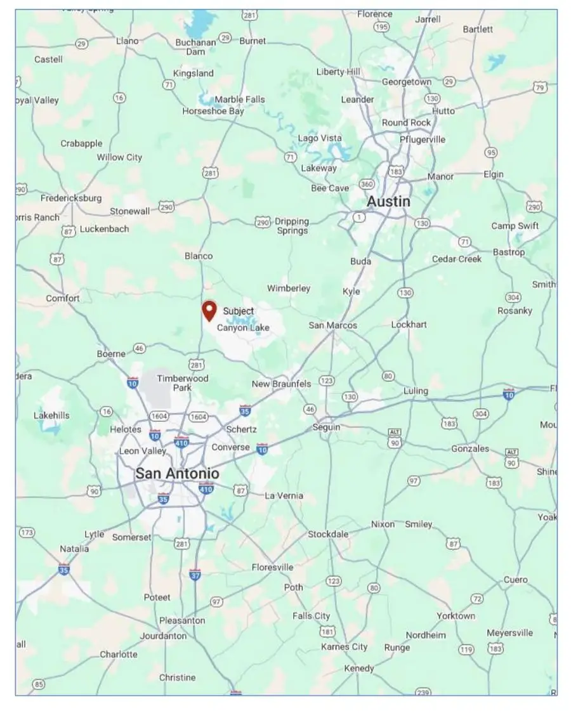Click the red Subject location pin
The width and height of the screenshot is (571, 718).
click(x=209, y=310)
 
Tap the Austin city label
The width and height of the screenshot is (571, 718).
click(x=388, y=202)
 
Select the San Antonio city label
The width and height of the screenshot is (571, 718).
click(x=177, y=474)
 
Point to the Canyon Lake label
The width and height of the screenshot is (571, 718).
click(x=243, y=328)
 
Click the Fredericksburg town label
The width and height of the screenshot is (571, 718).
click(x=71, y=198)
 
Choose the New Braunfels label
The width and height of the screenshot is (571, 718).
click(x=281, y=384)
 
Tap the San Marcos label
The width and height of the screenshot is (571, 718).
click(x=333, y=325)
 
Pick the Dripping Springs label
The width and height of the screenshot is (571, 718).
click(x=292, y=226)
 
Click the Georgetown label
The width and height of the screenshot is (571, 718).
click(x=407, y=82)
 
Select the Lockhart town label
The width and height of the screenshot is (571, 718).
click(x=409, y=324)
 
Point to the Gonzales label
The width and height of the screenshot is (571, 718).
click(x=470, y=448)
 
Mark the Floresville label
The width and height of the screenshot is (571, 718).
click(x=273, y=567)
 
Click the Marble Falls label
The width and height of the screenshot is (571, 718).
click(x=240, y=100)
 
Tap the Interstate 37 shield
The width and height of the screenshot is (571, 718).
click(x=195, y=575)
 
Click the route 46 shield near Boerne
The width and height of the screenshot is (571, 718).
click(x=140, y=348)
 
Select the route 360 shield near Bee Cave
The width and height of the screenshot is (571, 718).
click(x=366, y=184)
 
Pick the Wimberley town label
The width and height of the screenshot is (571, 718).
click(x=289, y=289)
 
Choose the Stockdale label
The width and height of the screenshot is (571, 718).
click(x=328, y=534)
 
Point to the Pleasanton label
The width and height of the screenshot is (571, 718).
click(x=182, y=620)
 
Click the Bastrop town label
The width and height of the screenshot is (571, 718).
click(x=509, y=252)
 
